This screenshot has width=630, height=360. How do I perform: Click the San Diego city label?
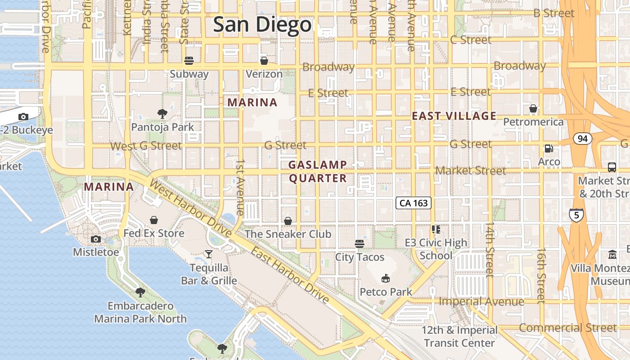pyautogui.click(x=262, y=24)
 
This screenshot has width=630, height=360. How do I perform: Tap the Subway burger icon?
pyautogui.click(x=189, y=60)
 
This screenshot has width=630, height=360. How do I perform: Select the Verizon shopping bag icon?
pyautogui.click(x=264, y=60)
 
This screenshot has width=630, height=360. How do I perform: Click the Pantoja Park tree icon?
pyautogui.click(x=162, y=114)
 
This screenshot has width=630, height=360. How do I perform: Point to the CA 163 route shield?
pyautogui.click(x=414, y=203)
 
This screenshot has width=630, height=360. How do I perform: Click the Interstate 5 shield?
pyautogui.click(x=576, y=215)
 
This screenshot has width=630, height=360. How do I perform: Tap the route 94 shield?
pyautogui.click(x=582, y=139)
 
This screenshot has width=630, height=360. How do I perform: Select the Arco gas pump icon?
pyautogui.click(x=549, y=148)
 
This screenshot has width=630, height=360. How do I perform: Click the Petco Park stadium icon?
pyautogui.click(x=385, y=279)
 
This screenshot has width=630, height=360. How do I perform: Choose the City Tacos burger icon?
pyautogui.click(x=359, y=244)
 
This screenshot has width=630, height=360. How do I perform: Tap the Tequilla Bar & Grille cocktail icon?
pyautogui.click(x=208, y=254)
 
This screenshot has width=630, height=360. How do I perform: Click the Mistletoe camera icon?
pyautogui.click(x=95, y=239)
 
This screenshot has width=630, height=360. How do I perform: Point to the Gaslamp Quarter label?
pyautogui.click(x=318, y=171)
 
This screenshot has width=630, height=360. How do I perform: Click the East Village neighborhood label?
pyautogui.click(x=454, y=116)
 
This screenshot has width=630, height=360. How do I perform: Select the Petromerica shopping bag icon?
pyautogui.click(x=533, y=108)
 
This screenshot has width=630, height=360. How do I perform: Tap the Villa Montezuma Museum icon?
pyautogui.click(x=612, y=255)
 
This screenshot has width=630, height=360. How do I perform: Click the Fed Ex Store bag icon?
pyautogui.click(x=154, y=220)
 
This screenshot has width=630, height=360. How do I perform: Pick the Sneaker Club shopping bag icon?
pyautogui.click(x=288, y=221)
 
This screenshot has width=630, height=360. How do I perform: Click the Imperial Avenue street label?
pyautogui.click(x=481, y=301)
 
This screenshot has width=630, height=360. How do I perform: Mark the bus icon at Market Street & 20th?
pyautogui.click(x=612, y=167)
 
